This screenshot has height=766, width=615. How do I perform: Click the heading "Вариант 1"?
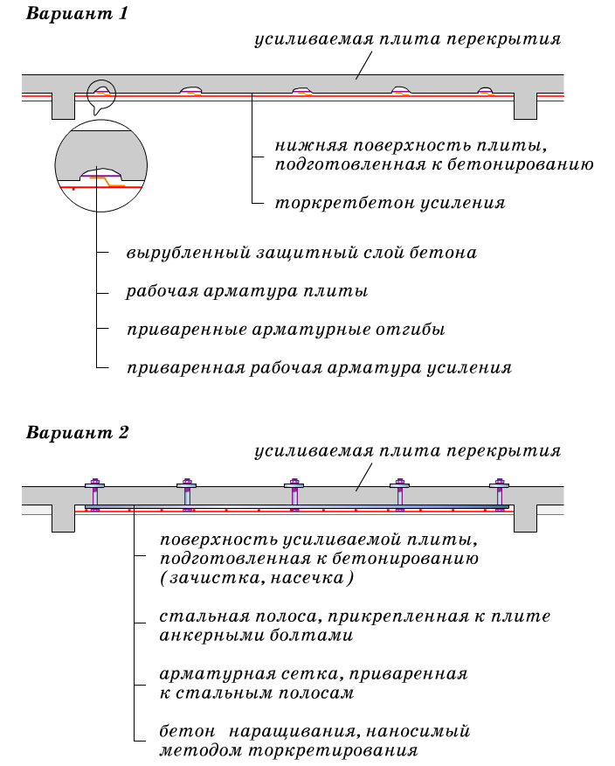pyautogui.click(x=77, y=13)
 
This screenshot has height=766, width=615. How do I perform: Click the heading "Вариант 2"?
pyautogui.click(x=77, y=432)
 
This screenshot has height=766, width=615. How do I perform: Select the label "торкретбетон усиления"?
pyautogui.click(x=390, y=203)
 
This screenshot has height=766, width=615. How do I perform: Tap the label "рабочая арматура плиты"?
pyautogui.click(x=247, y=291)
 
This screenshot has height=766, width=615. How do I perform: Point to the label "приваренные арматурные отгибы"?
pyautogui.click(x=286, y=330)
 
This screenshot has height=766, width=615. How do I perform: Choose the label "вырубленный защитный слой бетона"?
pyautogui.click(x=301, y=253)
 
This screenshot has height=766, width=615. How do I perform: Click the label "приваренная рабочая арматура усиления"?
pyautogui.click(x=319, y=368)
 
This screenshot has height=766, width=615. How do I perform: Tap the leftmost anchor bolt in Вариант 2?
pyautogui.click(x=94, y=495)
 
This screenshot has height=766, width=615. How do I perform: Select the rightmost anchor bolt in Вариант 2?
pyautogui.click(x=500, y=495)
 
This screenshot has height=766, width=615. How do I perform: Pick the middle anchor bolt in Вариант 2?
pyautogui.click(x=294, y=495)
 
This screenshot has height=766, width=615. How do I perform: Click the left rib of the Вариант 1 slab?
pyautogui.click(x=64, y=106)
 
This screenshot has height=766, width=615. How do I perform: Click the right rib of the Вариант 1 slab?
pyautogui.click(x=525, y=106)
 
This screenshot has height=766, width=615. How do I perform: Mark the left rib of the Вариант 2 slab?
pyautogui.click(x=64, y=519)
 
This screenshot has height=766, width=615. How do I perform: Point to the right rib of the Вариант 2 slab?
pyautogui.click(x=525, y=519)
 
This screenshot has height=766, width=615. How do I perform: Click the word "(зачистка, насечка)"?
pyautogui.click(x=257, y=578)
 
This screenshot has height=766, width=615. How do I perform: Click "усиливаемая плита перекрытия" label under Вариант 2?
pyautogui.click(x=408, y=451)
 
